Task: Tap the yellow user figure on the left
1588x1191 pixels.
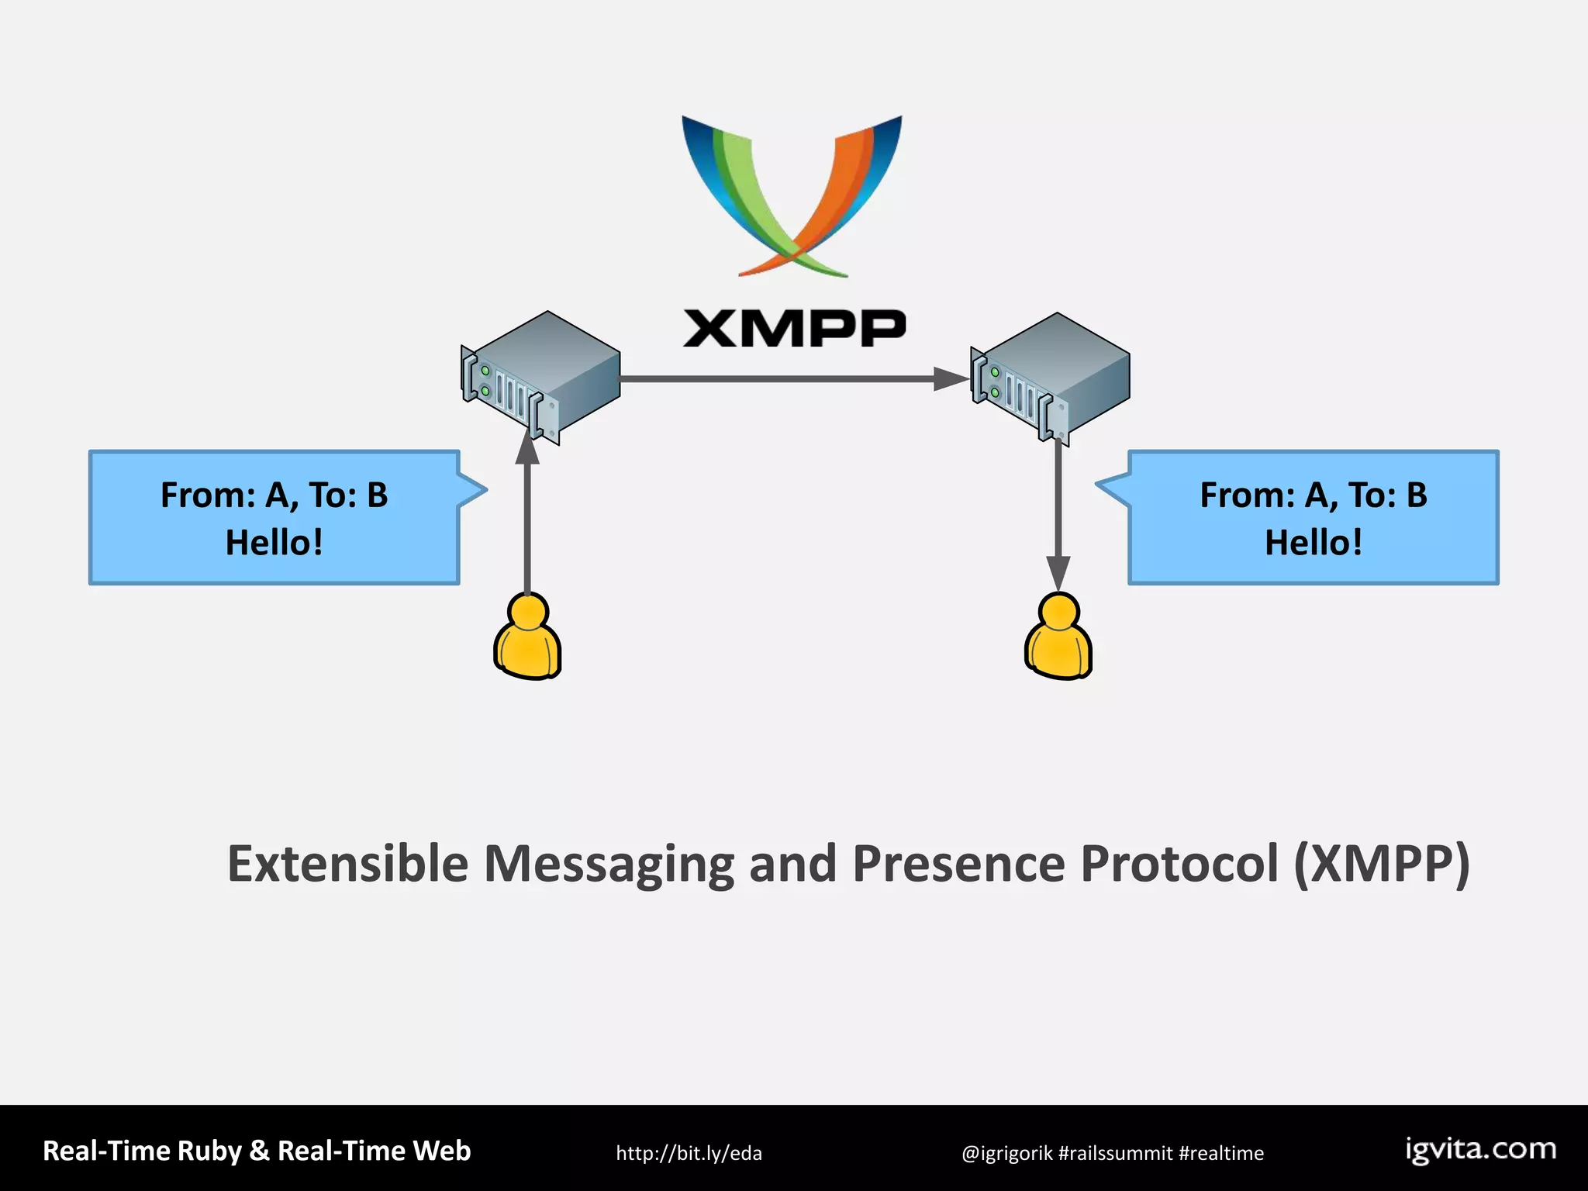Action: click(527, 637)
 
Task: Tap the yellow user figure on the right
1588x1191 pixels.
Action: click(1058, 637)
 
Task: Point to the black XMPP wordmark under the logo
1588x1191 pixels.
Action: click(794, 328)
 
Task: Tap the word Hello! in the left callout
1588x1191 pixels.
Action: click(274, 543)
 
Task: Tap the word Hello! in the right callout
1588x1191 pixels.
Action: click(1313, 543)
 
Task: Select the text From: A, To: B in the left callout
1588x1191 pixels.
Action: click(274, 495)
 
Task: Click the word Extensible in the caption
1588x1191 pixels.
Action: click(347, 864)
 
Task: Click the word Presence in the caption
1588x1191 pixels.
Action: click(958, 864)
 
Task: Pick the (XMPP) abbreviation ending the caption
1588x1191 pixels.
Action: click(1381, 864)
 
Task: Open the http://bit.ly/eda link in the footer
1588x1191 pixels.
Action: click(689, 1153)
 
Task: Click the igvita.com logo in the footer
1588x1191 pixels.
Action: click(1481, 1150)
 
